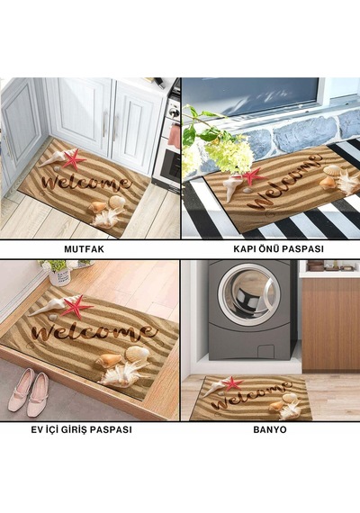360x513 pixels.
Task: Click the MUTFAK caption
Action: pos(84,249)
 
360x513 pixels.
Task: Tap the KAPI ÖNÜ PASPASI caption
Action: pos(278,248)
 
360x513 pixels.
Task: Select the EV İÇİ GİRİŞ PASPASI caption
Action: pos(82,429)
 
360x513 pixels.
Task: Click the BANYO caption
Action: pos(270,429)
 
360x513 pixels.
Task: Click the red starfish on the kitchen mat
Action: pos(74,159)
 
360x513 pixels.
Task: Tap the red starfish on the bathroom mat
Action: pos(232,383)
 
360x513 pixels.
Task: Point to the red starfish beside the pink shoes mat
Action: pos(76,306)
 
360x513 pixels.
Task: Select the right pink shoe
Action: pos(38,395)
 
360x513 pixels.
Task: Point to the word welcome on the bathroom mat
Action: pos(251,395)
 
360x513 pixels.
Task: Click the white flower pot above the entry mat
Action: pos(60,275)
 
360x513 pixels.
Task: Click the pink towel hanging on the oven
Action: pos(174,136)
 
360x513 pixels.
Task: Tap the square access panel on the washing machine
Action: pos(265,353)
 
